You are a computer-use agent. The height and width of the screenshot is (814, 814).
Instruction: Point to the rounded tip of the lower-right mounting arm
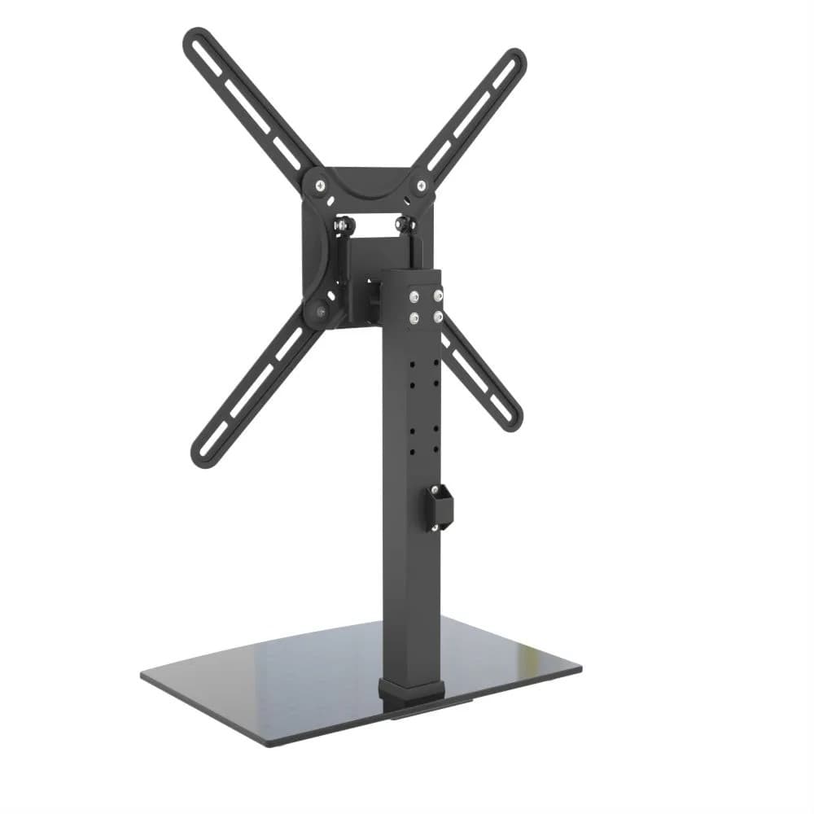[x=510, y=419]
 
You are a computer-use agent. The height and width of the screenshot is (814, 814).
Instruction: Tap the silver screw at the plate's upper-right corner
[x=420, y=186]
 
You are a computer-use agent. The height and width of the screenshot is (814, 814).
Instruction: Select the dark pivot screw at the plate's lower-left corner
[x=317, y=310]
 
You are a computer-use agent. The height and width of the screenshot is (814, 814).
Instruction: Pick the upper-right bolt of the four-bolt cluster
[x=438, y=296]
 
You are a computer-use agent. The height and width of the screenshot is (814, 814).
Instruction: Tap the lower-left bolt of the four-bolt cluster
[x=416, y=317]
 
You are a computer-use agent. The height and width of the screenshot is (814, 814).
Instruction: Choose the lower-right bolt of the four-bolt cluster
[x=438, y=316]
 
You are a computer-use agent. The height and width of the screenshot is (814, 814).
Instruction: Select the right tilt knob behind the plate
[x=402, y=221]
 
